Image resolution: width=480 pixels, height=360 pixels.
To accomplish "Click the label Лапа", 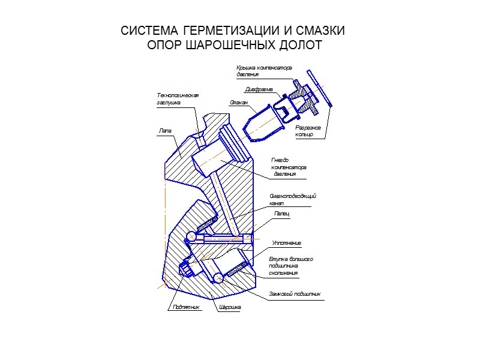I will tap(165, 130).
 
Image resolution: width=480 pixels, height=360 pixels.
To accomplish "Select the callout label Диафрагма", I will tap(259, 89).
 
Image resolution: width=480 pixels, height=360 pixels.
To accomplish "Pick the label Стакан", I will tap(238, 103).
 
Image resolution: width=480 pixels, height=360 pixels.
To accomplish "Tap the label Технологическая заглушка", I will tap(177, 99).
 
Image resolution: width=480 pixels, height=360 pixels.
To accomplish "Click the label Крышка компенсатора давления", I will tap(263, 71).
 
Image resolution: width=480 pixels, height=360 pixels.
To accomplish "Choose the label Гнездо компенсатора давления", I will tap(289, 167).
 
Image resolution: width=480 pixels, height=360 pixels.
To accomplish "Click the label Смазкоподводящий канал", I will tap(292, 199).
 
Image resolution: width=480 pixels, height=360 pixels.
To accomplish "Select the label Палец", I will tap(281, 214).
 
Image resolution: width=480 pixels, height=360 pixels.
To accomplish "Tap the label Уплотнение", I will tap(286, 243).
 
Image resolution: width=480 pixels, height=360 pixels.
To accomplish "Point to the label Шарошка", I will tap(230, 307).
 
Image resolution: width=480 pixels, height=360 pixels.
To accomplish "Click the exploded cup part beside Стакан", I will tap(261, 123).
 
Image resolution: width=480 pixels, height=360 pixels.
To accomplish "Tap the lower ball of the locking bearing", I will tap(217, 277).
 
